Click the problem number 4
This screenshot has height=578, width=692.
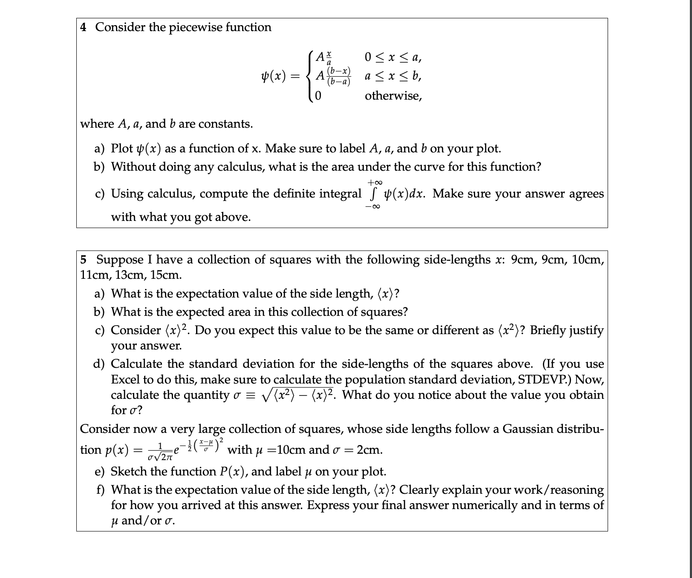tap(84, 27)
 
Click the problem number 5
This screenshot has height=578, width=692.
tap(83, 259)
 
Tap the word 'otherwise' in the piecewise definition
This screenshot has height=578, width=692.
tap(392, 96)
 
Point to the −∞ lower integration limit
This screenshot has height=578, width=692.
tap(373, 207)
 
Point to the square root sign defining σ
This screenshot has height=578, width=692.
tap(267, 395)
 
